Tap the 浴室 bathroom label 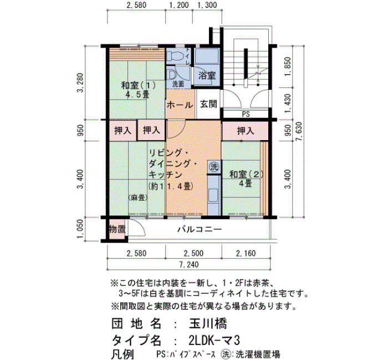[207, 75]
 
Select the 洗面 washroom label [178, 84]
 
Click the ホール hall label [180, 105]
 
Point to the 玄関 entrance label [208, 104]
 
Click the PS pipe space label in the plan [246, 115]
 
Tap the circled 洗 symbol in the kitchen [215, 167]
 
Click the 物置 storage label [118, 229]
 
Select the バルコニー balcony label [200, 230]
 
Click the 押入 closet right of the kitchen [246, 131]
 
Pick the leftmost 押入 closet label [122, 130]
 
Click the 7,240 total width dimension [189, 265]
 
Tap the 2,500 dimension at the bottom [193, 253]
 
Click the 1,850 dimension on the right [288, 67]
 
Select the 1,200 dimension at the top [179, 5]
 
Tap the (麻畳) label [138, 198]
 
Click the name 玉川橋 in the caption [208, 323]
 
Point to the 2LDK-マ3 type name [214, 341]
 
